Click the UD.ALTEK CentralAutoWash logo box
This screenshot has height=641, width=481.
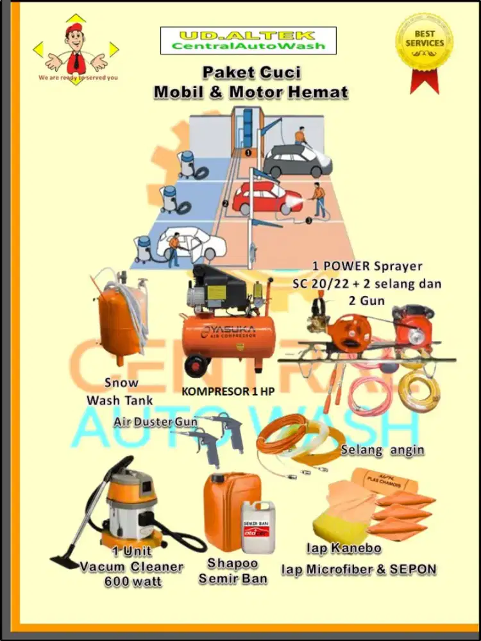tap(248, 40)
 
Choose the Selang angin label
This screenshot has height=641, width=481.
tap(382, 449)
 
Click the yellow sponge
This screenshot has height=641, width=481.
tap(337, 520)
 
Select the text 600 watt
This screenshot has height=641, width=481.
tap(133, 582)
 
